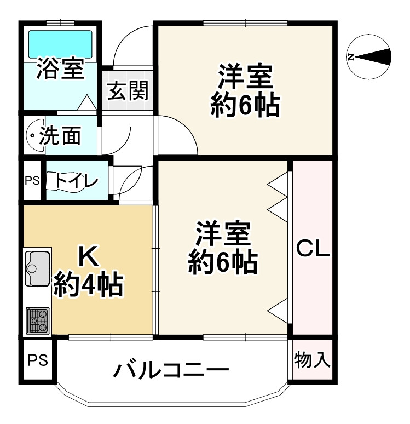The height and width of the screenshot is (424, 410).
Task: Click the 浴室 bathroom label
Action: [x=61, y=71]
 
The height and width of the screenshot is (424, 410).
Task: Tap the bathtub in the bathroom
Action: [x=60, y=42]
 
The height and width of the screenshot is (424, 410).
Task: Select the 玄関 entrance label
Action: [x=128, y=90]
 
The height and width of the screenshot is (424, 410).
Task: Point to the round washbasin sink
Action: [x=36, y=135]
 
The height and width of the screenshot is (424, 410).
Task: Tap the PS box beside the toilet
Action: [x=32, y=180]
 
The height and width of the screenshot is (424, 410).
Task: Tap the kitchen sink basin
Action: [x=37, y=267]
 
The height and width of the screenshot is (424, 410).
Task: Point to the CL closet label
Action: [x=313, y=249]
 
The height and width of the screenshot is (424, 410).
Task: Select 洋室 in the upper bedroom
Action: [x=246, y=77]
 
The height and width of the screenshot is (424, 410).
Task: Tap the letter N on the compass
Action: [x=352, y=56]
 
